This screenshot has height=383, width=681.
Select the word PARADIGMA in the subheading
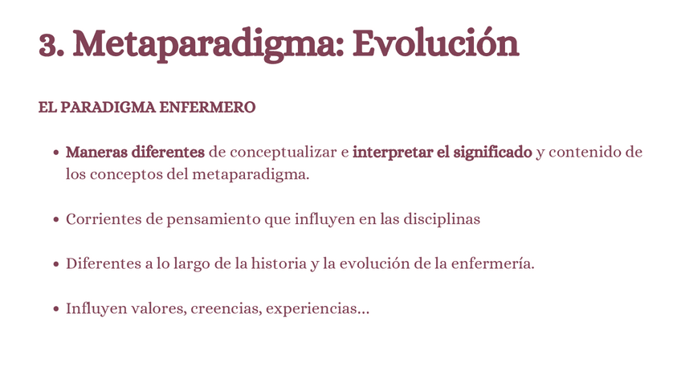108,108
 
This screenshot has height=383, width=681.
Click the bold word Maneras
96,152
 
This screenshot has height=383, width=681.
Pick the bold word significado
492,153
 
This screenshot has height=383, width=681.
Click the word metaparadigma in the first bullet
251,174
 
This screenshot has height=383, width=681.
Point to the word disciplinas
442,219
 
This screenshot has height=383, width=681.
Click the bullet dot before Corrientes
56,219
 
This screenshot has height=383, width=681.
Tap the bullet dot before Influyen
56,309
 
